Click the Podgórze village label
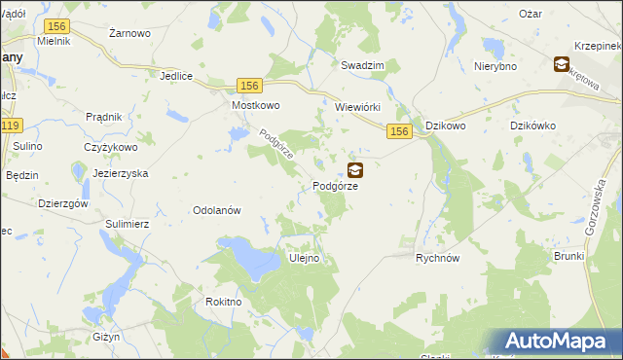[336, 186]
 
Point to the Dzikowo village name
[446, 126]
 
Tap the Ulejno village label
[305, 259]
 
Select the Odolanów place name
[217, 210]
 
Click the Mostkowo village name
[256, 105]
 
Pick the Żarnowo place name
[129, 33]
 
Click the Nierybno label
[494, 66]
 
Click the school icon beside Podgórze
[355, 169]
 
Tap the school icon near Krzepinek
[562, 65]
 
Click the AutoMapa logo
[561, 342]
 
